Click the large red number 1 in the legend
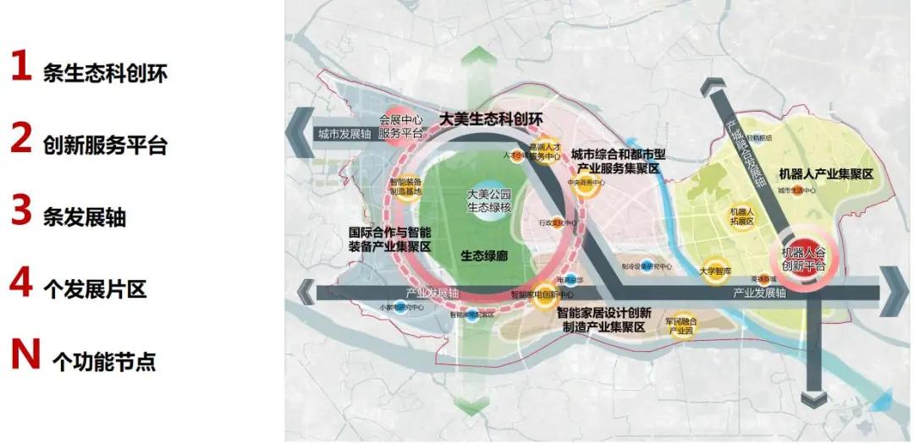tap(20, 67)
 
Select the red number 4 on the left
tap(21, 283)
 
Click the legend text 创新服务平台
tap(105, 145)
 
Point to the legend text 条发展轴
tap(84, 217)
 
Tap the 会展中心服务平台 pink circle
tap(400, 128)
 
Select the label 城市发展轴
tap(344, 134)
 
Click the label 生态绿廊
tap(484, 254)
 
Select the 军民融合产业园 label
tap(680, 325)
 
